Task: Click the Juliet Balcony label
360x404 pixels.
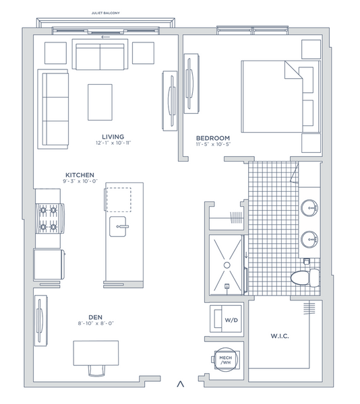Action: [x=105, y=13]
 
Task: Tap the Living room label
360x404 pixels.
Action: [x=113, y=137]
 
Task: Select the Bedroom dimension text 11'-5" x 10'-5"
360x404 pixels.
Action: [x=213, y=144]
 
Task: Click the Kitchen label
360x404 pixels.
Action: [x=80, y=175]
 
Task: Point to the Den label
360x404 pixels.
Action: [x=96, y=317]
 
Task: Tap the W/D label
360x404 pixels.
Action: [x=231, y=321]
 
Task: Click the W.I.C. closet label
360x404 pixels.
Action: [x=280, y=336]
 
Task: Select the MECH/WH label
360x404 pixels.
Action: [x=226, y=360]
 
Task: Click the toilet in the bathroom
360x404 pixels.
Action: [x=305, y=277]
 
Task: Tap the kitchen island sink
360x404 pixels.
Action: [x=118, y=226]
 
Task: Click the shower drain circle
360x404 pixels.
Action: [x=227, y=265]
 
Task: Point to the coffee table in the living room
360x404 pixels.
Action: [x=100, y=102]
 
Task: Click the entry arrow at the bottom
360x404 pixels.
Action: [x=181, y=384]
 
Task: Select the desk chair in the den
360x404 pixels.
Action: [x=97, y=371]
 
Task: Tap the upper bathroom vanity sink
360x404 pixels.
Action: [x=309, y=207]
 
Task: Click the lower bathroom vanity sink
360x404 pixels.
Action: [x=309, y=239]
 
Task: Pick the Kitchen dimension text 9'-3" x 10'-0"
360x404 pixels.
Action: [x=80, y=181]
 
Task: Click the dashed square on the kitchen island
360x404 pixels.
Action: [x=119, y=200]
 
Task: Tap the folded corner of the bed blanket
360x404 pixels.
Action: [x=293, y=70]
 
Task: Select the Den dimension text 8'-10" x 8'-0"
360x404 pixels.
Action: [x=96, y=323]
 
